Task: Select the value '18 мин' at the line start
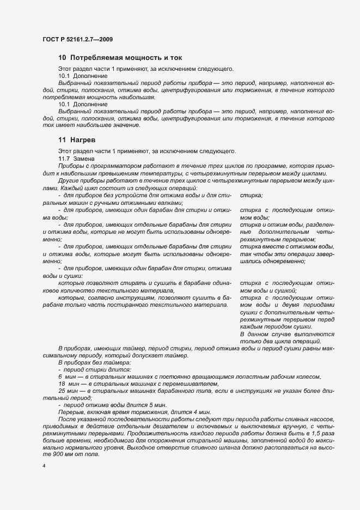pos(68,384)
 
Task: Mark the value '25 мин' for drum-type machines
pos(68,391)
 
